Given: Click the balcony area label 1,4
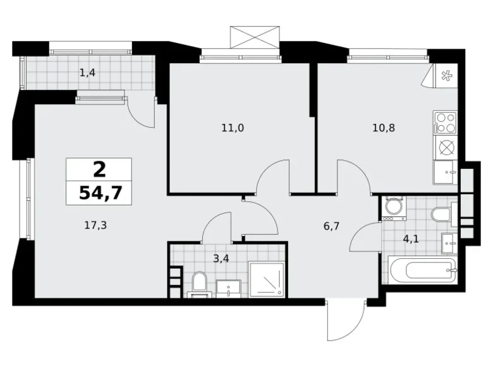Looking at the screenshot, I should tap(87, 73).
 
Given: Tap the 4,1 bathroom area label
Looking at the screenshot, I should tap(415, 240).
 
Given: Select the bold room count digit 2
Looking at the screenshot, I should tap(99, 169).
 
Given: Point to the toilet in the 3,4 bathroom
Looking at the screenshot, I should tap(200, 282).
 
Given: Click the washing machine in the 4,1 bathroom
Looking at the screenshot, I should tap(393, 207).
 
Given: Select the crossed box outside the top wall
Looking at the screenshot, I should tap(255, 36).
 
